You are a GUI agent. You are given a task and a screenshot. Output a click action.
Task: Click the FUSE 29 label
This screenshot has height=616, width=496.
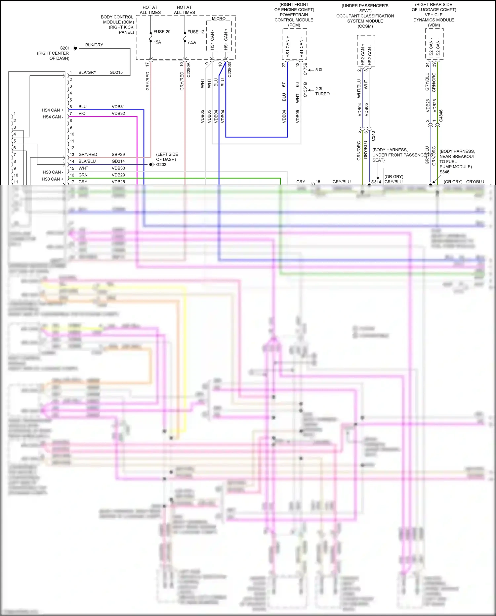(162, 32)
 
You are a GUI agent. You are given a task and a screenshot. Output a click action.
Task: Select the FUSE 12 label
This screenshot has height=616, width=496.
(196, 32)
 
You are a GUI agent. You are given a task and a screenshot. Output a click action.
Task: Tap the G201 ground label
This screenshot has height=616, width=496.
(64, 48)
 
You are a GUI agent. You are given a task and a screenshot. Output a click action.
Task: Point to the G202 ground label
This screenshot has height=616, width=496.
(161, 165)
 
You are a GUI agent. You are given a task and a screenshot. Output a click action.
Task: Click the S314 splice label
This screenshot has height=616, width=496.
(376, 182)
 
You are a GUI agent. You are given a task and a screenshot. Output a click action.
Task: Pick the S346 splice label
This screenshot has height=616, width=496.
(444, 172)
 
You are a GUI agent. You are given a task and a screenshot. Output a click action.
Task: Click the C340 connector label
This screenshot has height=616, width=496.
(373, 136)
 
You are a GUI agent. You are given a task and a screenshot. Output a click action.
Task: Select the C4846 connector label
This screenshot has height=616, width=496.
(441, 116)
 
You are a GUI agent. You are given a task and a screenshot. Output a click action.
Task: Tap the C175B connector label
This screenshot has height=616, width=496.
(305, 69)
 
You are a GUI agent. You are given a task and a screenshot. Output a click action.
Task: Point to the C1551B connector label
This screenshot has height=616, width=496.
(305, 90)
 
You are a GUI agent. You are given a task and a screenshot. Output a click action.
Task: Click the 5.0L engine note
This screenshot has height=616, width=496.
(319, 70)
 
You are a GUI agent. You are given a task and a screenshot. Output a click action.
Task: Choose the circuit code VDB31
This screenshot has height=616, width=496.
(118, 107)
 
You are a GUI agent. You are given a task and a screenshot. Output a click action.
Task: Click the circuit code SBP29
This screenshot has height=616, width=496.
(118, 155)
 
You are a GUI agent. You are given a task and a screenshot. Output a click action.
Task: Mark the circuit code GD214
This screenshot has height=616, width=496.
(118, 161)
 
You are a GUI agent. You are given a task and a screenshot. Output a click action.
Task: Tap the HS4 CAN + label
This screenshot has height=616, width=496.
(52, 110)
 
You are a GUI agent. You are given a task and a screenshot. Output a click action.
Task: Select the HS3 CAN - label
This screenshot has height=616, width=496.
(53, 172)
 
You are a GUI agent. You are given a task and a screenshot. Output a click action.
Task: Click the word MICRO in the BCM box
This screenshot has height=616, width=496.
(219, 19)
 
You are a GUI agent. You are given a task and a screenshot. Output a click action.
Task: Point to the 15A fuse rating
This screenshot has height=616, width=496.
(157, 42)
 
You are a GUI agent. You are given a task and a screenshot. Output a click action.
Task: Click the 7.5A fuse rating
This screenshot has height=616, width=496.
(191, 42)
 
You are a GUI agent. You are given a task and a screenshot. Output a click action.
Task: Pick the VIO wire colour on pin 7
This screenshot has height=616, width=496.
(82, 114)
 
